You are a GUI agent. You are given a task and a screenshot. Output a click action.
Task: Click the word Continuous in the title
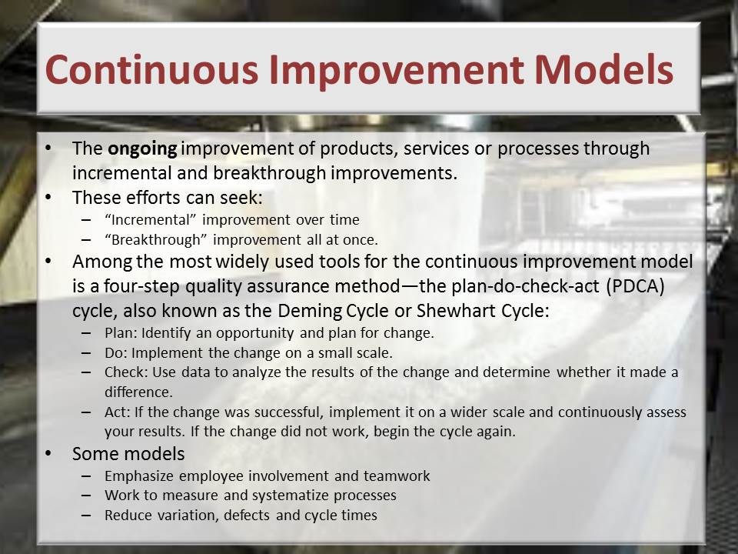coord(151,69)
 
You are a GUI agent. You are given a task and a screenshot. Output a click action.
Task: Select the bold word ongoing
coord(142,149)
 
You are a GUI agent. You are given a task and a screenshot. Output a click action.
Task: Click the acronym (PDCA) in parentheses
coord(636,286)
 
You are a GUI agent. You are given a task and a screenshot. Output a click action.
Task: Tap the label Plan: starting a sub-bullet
coord(121,332)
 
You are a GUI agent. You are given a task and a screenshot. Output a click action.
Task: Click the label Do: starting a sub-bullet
coord(116,352)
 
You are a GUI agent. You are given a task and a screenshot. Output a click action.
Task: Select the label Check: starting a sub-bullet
coord(126,372)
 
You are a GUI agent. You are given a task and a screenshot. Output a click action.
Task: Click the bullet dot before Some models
coord(48,453)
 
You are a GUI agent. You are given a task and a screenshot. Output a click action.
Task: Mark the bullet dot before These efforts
coord(48,197)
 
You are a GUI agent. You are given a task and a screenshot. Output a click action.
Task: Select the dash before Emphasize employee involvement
coord(85,476)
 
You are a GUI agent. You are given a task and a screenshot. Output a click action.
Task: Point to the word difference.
coord(138,392)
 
